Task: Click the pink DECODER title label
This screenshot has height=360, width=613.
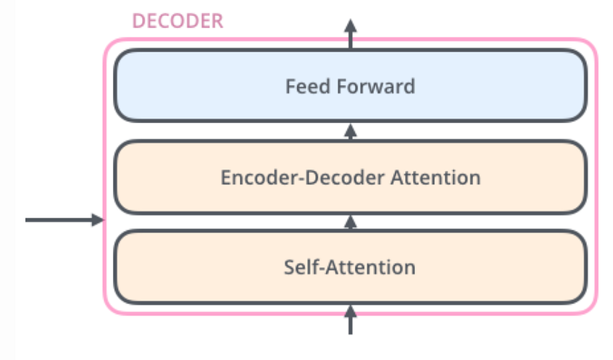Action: click(x=178, y=21)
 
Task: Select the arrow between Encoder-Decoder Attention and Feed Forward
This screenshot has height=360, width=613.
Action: click(x=351, y=131)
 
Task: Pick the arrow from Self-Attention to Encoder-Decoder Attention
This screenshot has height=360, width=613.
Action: click(x=351, y=222)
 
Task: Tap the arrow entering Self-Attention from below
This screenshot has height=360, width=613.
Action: click(x=351, y=319)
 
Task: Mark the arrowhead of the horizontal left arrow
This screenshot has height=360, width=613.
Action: click(x=99, y=219)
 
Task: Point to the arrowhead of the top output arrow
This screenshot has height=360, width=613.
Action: click(x=351, y=24)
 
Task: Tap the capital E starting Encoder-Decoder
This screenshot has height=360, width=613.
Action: click(x=225, y=177)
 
